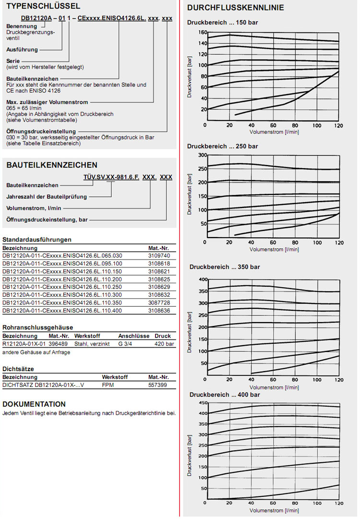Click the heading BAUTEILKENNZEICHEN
point(52,165)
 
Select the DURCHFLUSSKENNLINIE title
point(235,8)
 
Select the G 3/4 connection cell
point(126,344)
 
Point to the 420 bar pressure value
point(165,344)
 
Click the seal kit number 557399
point(158,385)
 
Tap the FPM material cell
point(108,385)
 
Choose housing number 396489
point(58,344)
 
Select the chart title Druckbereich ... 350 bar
point(225,266)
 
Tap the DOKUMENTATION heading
point(34,404)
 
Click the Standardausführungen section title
point(37,239)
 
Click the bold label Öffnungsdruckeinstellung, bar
point(47,219)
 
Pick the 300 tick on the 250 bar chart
point(202,155)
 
